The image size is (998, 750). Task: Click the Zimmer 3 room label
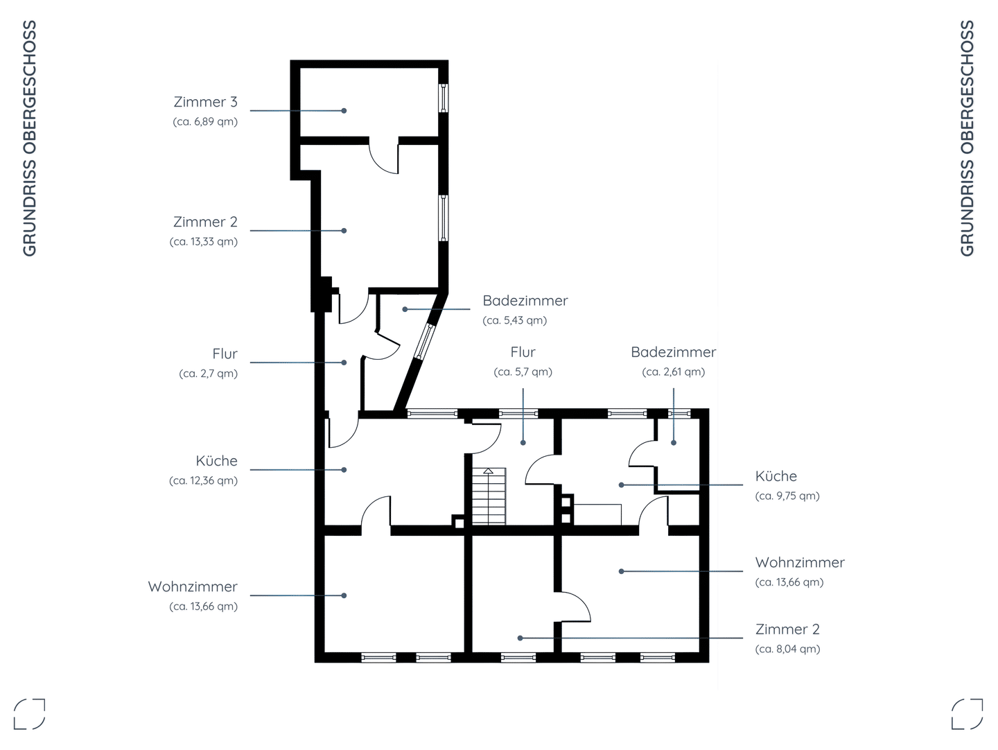point(206,102)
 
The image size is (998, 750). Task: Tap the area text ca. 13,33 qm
point(204,241)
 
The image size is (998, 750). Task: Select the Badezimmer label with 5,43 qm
point(525,300)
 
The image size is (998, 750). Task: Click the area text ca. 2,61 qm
point(674,372)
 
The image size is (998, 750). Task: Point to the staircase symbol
point(489,496)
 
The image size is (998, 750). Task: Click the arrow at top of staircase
point(489,471)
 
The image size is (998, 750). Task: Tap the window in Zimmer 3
point(444,98)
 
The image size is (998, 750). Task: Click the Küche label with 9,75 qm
point(776,476)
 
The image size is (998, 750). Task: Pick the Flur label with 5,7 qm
point(523,352)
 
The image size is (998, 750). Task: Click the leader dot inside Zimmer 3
point(344,110)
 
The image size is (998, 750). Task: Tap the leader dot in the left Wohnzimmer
point(344,595)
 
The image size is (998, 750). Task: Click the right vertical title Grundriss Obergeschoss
point(968,138)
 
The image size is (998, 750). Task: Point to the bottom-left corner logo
point(30,714)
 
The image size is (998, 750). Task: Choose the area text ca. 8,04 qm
point(787,649)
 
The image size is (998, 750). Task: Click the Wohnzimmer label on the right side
point(800,562)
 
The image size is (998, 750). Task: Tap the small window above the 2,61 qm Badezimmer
point(679,413)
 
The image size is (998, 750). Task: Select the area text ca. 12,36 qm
point(203,480)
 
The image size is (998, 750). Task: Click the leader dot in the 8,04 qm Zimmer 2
point(520,638)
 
